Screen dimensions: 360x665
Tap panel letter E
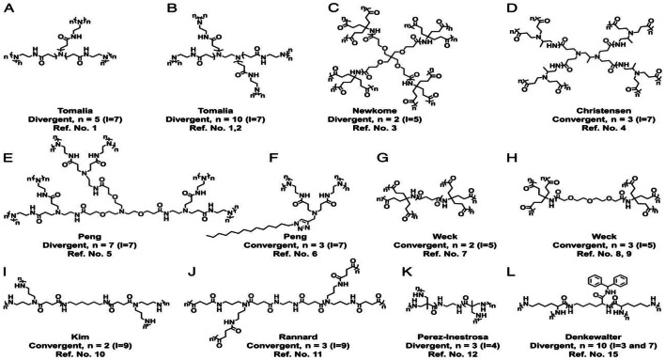coord(10,133)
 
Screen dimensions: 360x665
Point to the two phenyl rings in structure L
coord(610,266)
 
